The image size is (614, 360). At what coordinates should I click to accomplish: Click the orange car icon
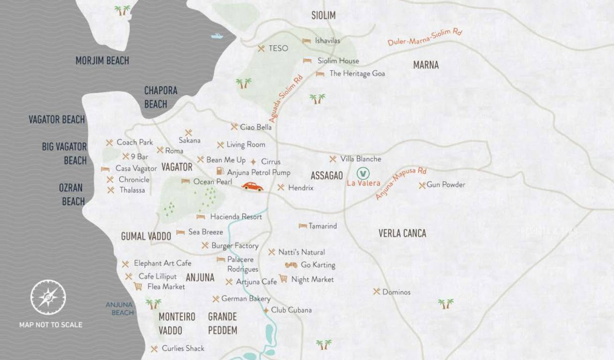pyautogui.click(x=253, y=187)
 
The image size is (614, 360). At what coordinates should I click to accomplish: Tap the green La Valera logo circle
pyautogui.click(x=363, y=173)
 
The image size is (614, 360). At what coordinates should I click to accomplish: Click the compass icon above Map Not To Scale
pyautogui.click(x=48, y=297)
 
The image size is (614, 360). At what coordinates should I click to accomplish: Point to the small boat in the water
pyautogui.click(x=217, y=36)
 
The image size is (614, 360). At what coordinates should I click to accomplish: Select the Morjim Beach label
pyautogui.click(x=102, y=60)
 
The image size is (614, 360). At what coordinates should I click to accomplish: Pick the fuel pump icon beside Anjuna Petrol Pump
pyautogui.click(x=220, y=172)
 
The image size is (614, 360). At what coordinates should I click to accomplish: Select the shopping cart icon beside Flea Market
pyautogui.click(x=138, y=286)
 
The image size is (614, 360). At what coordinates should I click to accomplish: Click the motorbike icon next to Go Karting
pyautogui.click(x=291, y=265)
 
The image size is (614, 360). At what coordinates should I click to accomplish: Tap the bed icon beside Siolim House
pyautogui.click(x=307, y=60)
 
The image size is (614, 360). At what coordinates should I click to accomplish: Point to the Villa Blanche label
pyautogui.click(x=360, y=159)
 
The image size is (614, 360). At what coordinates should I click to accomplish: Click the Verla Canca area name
pyautogui.click(x=402, y=233)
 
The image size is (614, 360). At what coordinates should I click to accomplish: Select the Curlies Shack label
pyautogui.click(x=183, y=348)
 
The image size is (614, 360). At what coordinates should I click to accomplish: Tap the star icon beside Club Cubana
pyautogui.click(x=266, y=310)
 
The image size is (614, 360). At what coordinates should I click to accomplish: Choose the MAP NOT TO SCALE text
pyautogui.click(x=51, y=324)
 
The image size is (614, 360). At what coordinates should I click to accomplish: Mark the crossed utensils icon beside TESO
pyautogui.click(x=262, y=48)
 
